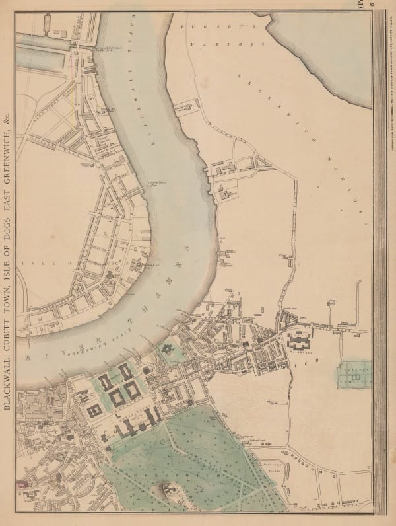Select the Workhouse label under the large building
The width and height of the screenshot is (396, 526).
(296, 353)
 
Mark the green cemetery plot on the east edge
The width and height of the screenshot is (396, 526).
(353, 376)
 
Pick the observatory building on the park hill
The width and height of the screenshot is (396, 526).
(169, 489)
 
